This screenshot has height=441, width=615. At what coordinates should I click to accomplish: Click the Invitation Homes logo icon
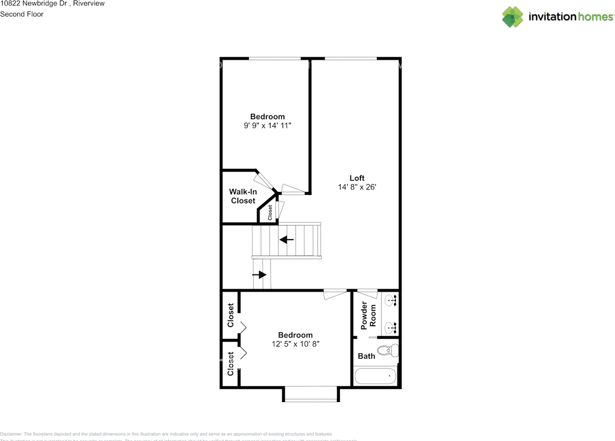click(513, 17)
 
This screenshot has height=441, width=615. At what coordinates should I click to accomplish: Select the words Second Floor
click(22, 14)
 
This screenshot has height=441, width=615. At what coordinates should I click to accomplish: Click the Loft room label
click(357, 178)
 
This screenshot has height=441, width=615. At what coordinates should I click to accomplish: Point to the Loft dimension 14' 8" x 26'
click(357, 187)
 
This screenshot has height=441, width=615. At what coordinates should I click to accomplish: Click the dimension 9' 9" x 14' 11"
click(268, 125)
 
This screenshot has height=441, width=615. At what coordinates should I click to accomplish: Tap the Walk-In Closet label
click(243, 196)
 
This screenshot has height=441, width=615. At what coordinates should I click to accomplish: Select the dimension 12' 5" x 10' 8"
click(295, 344)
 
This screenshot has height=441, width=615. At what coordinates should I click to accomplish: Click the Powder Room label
click(368, 315)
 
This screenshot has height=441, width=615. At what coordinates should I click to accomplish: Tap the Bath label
click(366, 356)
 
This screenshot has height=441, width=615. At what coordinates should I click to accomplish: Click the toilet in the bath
click(388, 351)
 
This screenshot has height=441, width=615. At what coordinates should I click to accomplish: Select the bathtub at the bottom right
click(375, 376)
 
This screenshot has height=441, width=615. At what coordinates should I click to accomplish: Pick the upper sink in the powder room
click(392, 301)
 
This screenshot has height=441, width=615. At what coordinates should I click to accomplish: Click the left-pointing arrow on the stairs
click(287, 239)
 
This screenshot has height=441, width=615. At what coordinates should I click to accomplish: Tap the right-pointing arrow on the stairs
click(259, 275)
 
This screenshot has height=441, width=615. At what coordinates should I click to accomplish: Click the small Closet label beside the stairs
click(270, 212)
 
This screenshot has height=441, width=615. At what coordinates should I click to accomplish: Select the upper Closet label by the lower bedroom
click(231, 315)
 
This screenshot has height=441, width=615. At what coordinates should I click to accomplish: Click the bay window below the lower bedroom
click(311, 394)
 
